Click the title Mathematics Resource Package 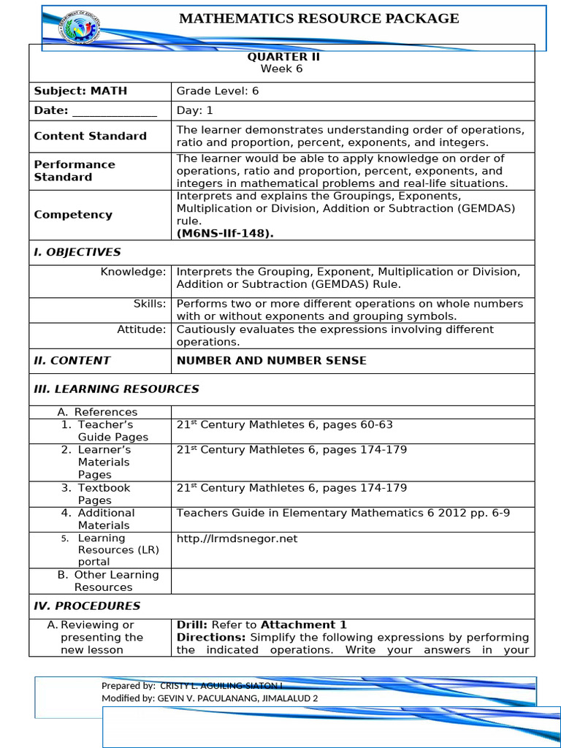319,19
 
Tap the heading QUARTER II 281,57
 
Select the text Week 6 281,69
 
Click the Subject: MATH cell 80,91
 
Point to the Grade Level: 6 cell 218,91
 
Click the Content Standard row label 90,136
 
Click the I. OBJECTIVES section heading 77,252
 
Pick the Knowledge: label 133,272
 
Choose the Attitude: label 142,329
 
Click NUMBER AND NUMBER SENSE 271,360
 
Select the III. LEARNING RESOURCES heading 116,389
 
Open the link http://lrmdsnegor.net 237,539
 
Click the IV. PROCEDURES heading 87,606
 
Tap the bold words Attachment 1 303,625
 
